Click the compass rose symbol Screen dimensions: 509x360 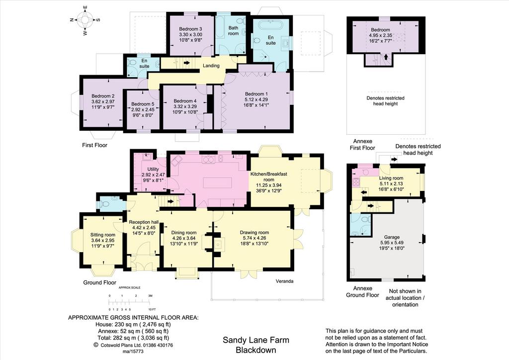click(85, 20)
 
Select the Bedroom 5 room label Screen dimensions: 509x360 click(143, 104)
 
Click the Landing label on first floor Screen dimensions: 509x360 click(211, 66)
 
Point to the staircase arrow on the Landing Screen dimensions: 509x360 click(187, 62)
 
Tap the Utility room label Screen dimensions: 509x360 click(153, 169)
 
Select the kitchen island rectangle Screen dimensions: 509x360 click(218, 182)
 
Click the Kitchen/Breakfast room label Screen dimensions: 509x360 click(269, 177)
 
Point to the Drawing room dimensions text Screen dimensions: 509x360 click(254, 241)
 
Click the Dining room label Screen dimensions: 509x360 click(184, 232)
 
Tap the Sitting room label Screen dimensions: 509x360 click(102, 235)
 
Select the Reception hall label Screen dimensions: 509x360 click(144, 222)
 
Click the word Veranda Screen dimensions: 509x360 click(285, 281)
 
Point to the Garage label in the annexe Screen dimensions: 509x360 click(392, 237)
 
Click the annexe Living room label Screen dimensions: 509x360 click(391, 178)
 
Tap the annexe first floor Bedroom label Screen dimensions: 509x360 click(380, 29)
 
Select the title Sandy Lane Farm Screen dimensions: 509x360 click(256, 340)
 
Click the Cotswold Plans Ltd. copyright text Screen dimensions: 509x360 click(133, 345)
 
